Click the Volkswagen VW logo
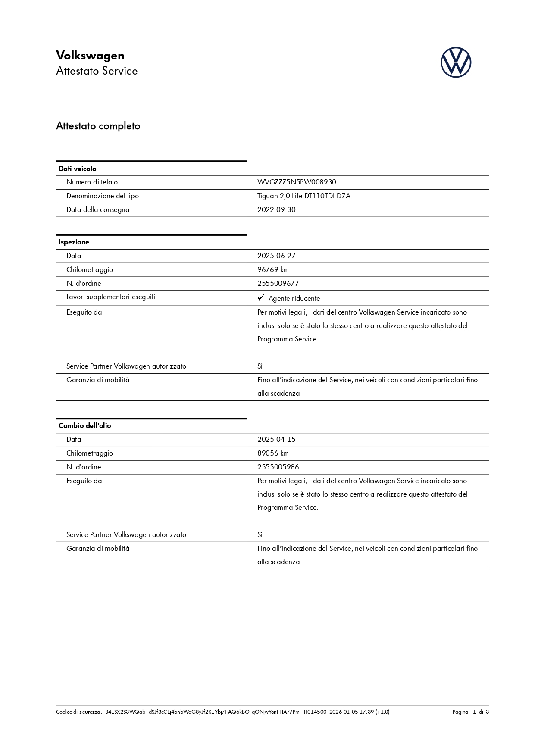click(456, 62)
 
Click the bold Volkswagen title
click(90, 56)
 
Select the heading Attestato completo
click(98, 126)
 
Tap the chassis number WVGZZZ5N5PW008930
click(297, 182)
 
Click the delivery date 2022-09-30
click(276, 210)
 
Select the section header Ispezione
click(74, 242)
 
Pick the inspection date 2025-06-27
click(276, 256)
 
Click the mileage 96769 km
click(273, 270)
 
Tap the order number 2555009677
click(278, 284)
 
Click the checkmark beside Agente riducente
click(261, 298)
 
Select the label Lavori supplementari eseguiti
click(111, 297)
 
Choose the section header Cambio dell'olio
click(85, 426)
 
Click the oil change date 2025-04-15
click(276, 440)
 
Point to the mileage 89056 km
click(273, 453)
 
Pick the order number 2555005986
click(278, 467)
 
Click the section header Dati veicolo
click(78, 169)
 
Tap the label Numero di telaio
click(92, 182)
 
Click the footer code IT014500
click(315, 712)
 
